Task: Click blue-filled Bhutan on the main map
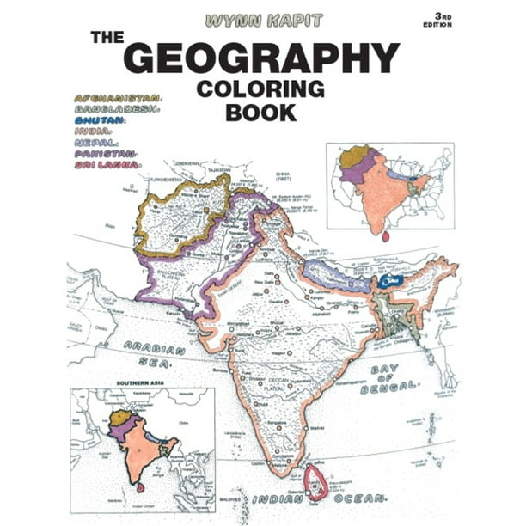click(x=390, y=280)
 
